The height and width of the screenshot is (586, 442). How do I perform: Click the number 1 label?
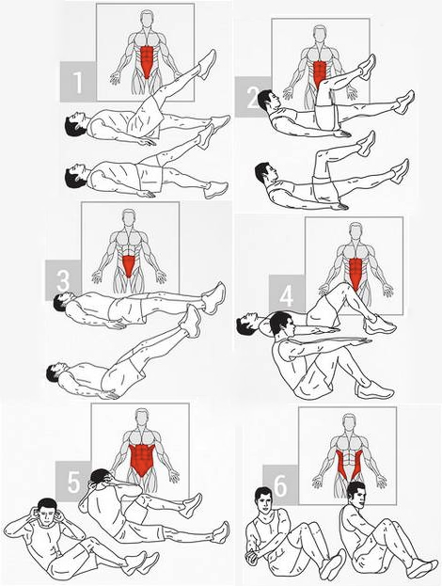tap(78, 82)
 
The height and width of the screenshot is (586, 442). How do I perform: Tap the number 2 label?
tap(251, 98)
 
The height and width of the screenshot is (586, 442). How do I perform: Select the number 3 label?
tap(63, 280)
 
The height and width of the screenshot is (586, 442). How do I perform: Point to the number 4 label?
tap(287, 296)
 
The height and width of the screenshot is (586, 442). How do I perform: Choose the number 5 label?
tap(73, 482)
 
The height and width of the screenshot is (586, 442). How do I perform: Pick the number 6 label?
tap(280, 485)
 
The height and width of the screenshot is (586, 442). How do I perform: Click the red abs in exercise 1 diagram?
tap(148, 61)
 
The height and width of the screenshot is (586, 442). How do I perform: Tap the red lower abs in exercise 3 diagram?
tap(129, 265)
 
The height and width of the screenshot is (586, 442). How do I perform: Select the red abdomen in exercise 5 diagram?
tap(141, 459)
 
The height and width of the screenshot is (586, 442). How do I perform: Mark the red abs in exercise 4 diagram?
tap(355, 273)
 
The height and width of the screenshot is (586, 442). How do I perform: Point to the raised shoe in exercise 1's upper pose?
tap(207, 64)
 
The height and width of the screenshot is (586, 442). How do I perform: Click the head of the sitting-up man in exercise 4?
tap(281, 324)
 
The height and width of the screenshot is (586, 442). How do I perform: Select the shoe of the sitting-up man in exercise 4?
tap(374, 389)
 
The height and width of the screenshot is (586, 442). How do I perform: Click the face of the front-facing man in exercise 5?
tap(47, 513)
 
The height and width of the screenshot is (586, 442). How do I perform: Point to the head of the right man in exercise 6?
tap(356, 494)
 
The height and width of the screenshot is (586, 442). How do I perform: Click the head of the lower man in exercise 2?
tap(265, 172)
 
